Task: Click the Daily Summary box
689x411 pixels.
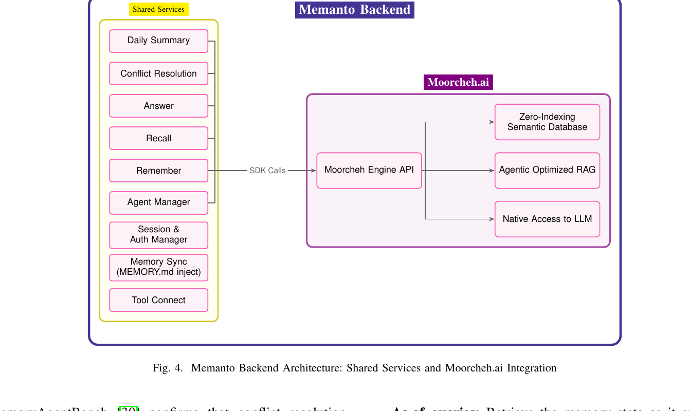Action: point(158,41)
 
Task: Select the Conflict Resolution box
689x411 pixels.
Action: point(158,73)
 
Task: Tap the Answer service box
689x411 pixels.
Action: point(158,106)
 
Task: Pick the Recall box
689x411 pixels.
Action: point(158,138)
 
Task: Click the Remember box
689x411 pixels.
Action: point(158,171)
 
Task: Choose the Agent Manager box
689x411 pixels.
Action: point(158,202)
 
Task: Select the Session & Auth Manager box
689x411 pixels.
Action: point(158,235)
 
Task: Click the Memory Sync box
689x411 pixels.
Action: point(158,267)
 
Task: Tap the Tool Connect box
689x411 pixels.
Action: point(158,300)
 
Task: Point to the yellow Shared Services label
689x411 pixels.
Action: point(158,9)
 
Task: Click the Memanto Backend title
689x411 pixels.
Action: point(355,10)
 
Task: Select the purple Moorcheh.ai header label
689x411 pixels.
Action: point(458,82)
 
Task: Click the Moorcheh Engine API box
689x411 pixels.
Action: point(369,170)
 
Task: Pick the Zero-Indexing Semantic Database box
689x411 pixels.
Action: point(547,122)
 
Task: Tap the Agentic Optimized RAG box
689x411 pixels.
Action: point(547,170)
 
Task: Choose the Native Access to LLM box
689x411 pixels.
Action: point(547,219)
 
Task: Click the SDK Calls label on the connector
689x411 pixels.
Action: point(267,171)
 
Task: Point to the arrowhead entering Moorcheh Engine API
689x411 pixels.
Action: point(313,171)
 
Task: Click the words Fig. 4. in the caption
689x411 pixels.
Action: point(168,368)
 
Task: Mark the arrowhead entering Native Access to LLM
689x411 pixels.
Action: point(492,219)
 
